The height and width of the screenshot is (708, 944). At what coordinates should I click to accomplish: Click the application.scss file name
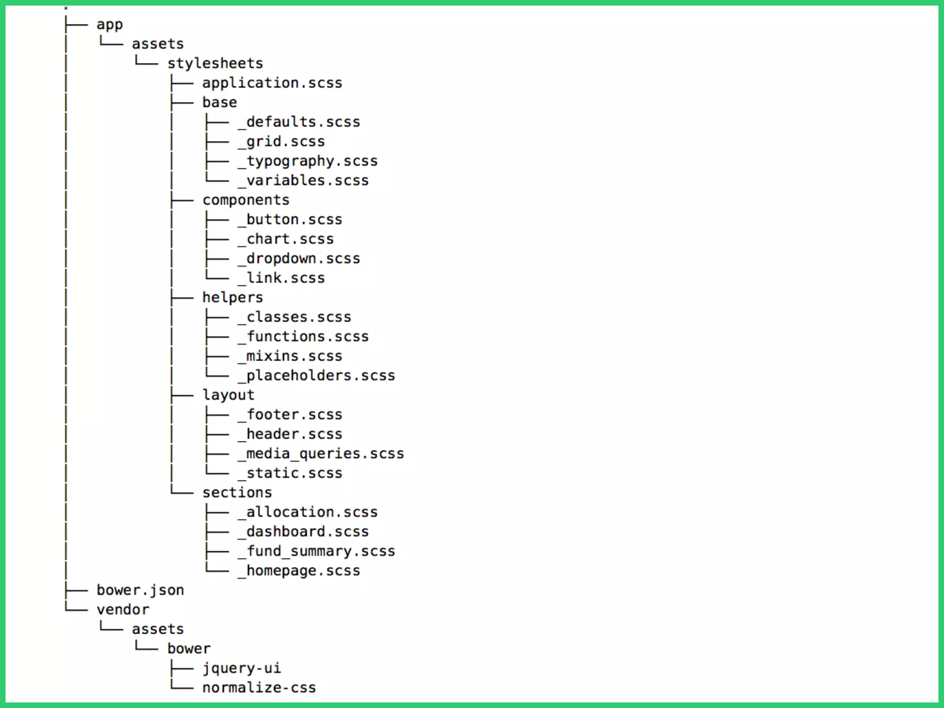point(272,83)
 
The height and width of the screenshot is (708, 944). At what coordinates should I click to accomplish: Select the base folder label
point(219,102)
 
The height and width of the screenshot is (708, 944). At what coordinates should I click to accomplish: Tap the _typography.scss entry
point(307,161)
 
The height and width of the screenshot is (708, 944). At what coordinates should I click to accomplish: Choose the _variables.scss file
point(303,180)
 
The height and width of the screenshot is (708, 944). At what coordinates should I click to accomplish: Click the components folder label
point(246,200)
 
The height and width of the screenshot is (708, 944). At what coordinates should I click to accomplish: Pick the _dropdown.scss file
point(299,259)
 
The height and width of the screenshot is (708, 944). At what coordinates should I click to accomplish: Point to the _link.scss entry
point(281,278)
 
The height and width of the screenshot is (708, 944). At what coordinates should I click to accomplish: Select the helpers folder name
point(232,298)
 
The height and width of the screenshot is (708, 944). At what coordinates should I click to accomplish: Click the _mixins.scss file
point(290,356)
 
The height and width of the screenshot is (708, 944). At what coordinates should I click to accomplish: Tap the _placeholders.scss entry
point(316,376)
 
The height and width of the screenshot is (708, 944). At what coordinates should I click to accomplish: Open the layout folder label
point(228,395)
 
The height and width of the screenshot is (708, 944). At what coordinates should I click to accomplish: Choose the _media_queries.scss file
point(321,454)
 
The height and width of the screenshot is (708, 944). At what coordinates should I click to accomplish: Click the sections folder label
point(237,493)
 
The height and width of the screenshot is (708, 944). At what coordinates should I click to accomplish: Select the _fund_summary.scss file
point(316,551)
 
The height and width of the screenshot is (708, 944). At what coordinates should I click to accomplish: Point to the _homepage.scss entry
point(299,571)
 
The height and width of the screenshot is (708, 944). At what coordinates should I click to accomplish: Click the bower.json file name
point(140,590)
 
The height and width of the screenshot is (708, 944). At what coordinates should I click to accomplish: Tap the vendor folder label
point(123,610)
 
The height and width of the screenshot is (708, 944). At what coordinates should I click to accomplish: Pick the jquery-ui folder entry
point(242,668)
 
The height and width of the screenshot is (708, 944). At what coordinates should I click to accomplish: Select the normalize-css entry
point(259,688)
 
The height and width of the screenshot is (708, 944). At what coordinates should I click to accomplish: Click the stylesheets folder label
point(215,63)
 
